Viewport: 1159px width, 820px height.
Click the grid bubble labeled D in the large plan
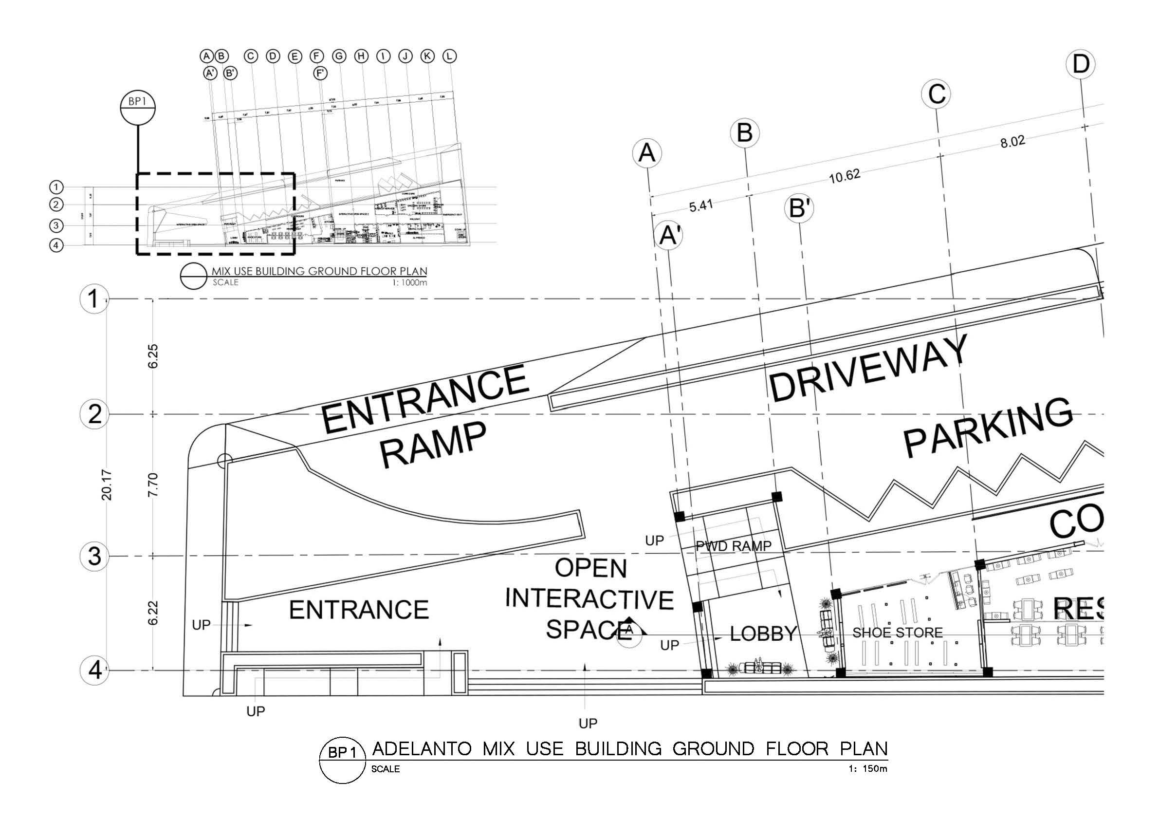(x=1080, y=65)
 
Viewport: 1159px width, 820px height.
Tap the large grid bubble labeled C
(x=937, y=94)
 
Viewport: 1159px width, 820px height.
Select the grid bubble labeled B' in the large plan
(x=799, y=208)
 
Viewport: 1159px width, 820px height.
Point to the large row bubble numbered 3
(x=95, y=557)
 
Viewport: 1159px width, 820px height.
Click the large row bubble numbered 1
(x=94, y=299)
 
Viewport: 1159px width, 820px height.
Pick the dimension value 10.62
(x=845, y=176)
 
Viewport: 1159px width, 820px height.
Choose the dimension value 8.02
(x=1012, y=141)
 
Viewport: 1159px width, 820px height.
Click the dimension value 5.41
(x=700, y=205)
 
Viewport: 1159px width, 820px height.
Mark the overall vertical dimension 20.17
(x=107, y=485)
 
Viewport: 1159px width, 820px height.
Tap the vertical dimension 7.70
(x=153, y=485)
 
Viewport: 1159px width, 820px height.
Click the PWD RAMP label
(x=734, y=546)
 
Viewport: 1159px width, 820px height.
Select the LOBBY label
(x=763, y=634)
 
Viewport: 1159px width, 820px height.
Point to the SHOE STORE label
(x=897, y=632)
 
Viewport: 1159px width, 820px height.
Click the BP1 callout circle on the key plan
(x=137, y=108)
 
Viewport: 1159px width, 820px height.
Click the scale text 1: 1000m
(x=409, y=283)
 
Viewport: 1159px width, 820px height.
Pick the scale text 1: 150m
(x=868, y=769)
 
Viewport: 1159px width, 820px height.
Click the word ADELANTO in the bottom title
(x=422, y=748)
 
